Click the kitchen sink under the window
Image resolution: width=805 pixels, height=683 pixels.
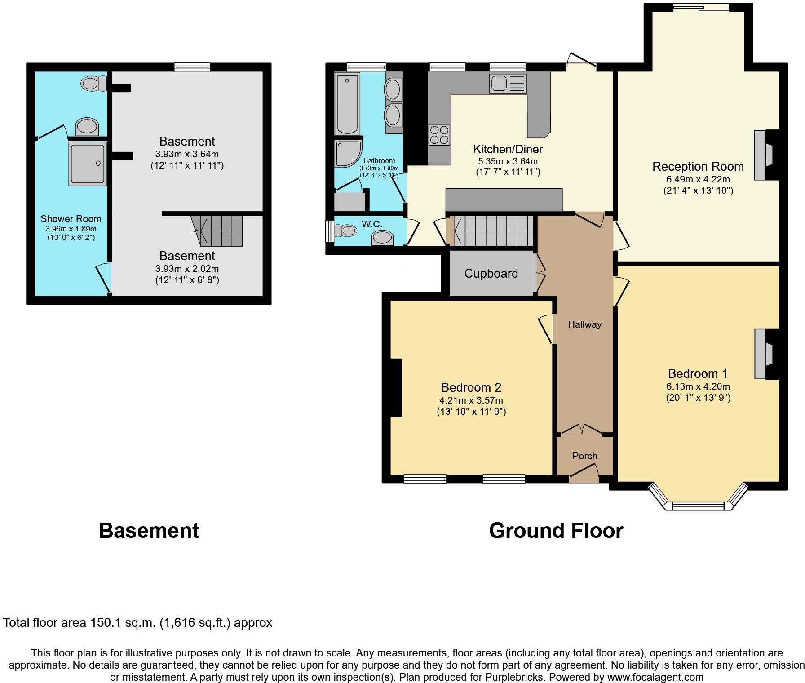(508, 84)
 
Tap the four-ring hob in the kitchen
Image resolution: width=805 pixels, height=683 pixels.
(439, 135)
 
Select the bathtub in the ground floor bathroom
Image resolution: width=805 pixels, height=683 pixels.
(347, 104)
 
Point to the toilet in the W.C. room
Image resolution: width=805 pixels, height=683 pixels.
(346, 231)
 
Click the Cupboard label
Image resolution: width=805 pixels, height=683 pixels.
(491, 273)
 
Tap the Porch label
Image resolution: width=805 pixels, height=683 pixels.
(584, 456)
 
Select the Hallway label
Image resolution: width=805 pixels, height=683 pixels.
(584, 324)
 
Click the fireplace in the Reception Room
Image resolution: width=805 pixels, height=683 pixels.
(763, 155)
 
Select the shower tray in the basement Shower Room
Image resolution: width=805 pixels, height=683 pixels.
(87, 164)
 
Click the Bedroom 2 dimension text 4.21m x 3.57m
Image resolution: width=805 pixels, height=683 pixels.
(471, 400)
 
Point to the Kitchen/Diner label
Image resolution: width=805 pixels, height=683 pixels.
(508, 149)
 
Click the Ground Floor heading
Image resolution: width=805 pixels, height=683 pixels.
(556, 531)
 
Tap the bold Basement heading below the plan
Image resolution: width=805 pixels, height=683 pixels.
(149, 531)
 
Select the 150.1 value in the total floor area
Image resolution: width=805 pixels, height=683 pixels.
(105, 623)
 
